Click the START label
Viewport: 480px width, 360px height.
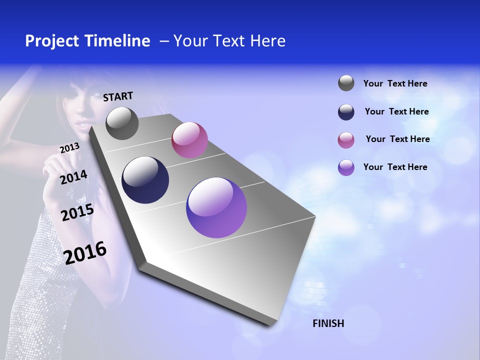118,96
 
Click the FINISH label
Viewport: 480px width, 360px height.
328,323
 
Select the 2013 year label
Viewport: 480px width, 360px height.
69,148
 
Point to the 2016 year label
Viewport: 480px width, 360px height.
85,253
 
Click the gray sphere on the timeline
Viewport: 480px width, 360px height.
122,123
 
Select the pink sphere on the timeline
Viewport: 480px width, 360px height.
189,140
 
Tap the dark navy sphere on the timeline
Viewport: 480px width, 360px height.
145,180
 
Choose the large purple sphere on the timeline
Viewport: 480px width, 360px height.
216,207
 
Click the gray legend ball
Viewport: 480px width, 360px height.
346,83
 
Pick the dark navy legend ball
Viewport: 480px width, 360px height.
346,112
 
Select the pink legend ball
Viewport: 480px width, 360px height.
346,140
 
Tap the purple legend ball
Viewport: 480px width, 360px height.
346,167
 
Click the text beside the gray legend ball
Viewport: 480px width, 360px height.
395,83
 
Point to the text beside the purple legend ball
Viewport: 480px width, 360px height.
395,167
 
